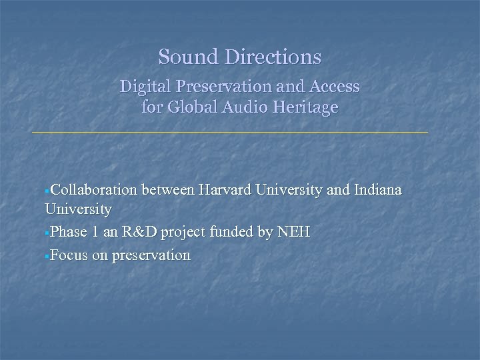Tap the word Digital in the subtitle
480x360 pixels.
[142, 87]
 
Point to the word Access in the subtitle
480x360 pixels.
[336, 87]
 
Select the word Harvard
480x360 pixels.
[223, 191]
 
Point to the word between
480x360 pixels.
[167, 191]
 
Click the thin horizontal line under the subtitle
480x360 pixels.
[230, 133]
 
